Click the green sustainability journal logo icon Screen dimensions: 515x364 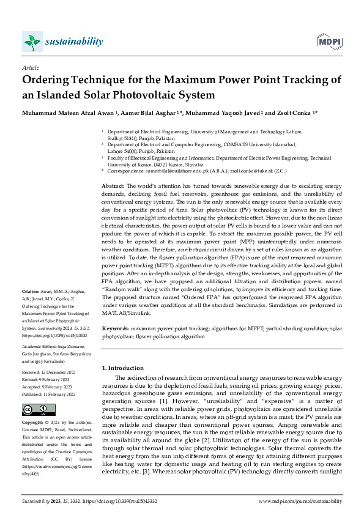32,42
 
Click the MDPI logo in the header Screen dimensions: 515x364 327,42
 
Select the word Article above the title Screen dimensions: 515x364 30,69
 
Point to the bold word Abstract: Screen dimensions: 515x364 113,185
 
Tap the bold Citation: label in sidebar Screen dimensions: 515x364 31,291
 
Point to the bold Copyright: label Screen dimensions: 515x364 34,423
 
